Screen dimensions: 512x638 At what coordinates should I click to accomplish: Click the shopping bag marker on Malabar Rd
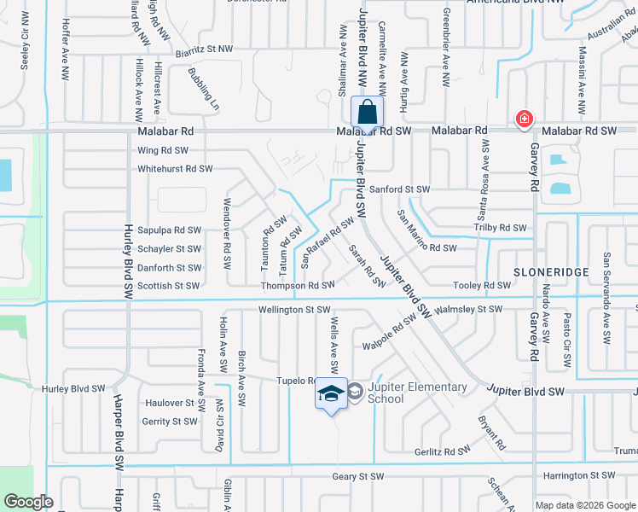pyautogui.click(x=367, y=113)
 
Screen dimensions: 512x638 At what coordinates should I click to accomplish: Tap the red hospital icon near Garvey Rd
pyautogui.click(x=524, y=119)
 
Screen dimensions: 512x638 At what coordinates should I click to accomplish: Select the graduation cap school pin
pyautogui.click(x=331, y=393)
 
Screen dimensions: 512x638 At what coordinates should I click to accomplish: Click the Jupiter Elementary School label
pyautogui.click(x=418, y=393)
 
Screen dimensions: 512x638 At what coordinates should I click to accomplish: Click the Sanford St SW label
pyautogui.click(x=405, y=189)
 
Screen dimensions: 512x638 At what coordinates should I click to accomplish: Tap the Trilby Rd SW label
pyautogui.click(x=501, y=228)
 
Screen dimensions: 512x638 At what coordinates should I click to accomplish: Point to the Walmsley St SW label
pyautogui.click(x=469, y=310)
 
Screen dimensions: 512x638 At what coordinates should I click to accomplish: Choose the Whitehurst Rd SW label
pyautogui.click(x=175, y=169)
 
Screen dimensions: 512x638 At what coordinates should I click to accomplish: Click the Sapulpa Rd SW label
pyautogui.click(x=169, y=230)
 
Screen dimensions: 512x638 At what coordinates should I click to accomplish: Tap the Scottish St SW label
pyautogui.click(x=169, y=287)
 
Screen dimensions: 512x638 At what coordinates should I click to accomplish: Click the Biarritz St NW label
pyautogui.click(x=204, y=50)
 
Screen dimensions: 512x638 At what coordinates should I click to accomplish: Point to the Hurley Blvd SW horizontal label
pyautogui.click(x=73, y=389)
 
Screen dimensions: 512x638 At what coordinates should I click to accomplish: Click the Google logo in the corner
pyautogui.click(x=28, y=502)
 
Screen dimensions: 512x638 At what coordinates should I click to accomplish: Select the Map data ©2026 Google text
pyautogui.click(x=584, y=505)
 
